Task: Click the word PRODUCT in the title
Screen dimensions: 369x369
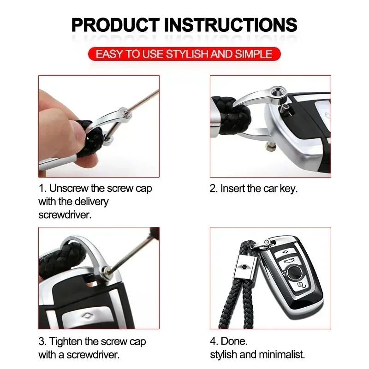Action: [116, 25]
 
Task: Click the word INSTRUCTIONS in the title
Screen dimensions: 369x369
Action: [231, 25]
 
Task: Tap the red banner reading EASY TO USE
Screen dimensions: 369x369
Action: [184, 54]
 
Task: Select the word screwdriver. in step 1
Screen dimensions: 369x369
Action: [65, 214]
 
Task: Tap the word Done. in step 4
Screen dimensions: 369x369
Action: [234, 341]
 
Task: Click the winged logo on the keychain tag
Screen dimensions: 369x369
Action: [244, 267]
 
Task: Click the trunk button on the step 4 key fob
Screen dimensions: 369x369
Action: [289, 261]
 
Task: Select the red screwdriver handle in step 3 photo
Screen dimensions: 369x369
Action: [155, 233]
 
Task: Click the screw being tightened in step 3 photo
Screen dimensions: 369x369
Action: [107, 271]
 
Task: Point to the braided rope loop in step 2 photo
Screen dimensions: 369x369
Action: [232, 115]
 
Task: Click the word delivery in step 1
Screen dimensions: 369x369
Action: [91, 202]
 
